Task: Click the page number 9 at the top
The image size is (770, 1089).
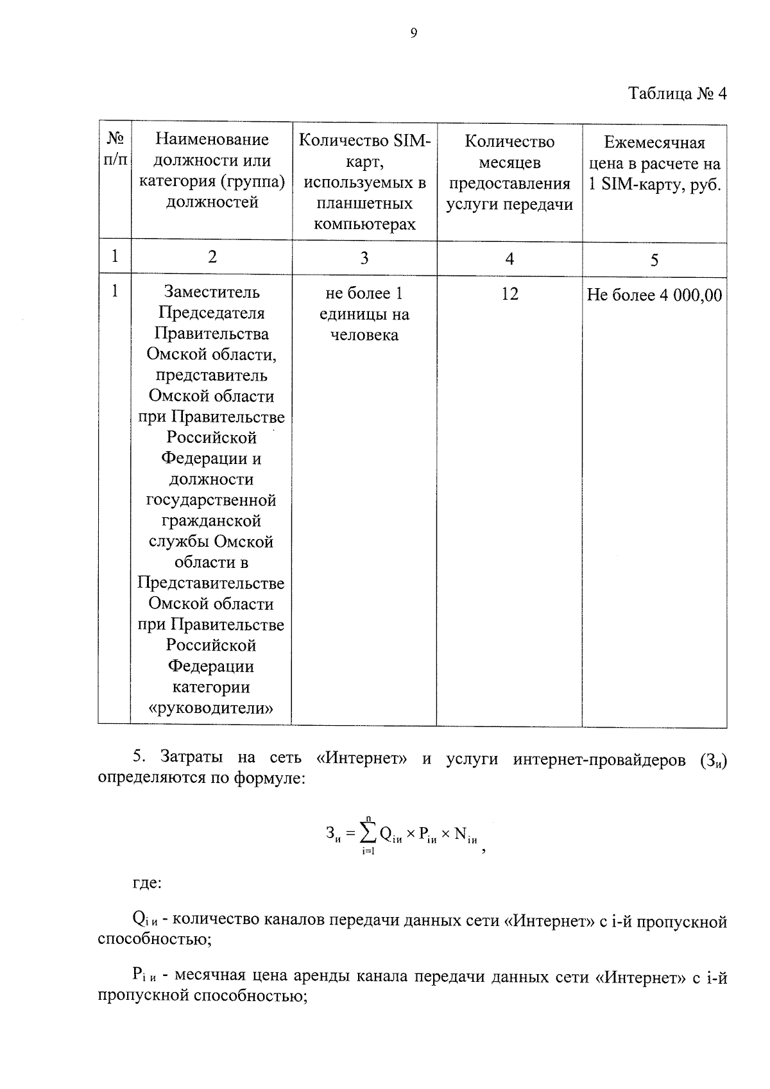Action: coord(413,34)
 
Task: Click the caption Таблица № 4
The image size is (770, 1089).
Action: coord(677,94)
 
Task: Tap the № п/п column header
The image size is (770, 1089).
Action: coord(115,149)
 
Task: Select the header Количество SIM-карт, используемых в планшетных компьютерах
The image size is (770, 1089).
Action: coord(364,182)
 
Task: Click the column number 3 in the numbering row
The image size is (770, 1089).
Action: coord(364,258)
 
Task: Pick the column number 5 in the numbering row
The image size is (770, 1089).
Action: coord(654,260)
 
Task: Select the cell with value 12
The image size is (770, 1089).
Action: coord(509,294)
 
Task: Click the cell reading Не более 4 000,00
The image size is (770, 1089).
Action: coord(654,295)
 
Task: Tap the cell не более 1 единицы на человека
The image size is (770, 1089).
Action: coord(364,314)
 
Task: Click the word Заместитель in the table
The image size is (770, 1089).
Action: coord(212,292)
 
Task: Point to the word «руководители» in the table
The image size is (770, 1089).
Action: coord(211,708)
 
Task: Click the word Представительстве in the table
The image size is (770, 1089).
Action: coord(211,583)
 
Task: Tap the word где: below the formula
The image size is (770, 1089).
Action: coord(147,883)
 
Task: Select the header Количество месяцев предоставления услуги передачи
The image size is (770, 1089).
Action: coord(509,173)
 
